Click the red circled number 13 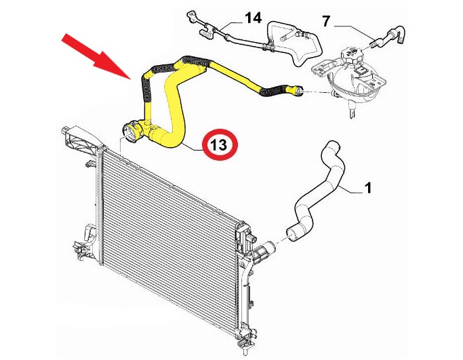coord(220,144)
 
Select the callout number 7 coord(325,21)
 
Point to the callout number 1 coord(368,188)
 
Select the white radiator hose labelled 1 coord(317,192)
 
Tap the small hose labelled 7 coord(388,36)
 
